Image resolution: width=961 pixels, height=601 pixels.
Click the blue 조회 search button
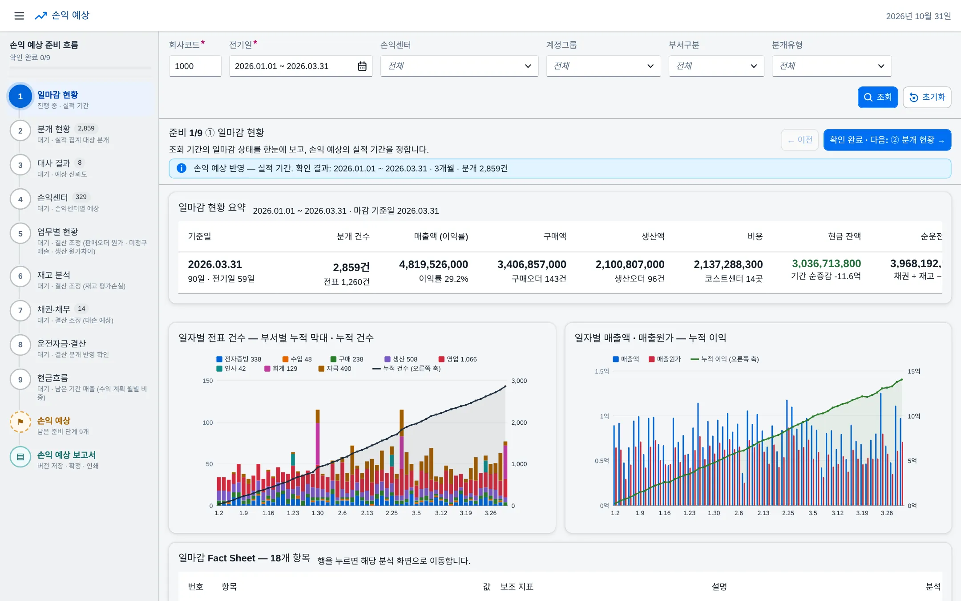877,97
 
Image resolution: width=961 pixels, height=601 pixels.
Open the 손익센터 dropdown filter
459,66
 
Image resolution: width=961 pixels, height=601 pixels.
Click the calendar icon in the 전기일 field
362,66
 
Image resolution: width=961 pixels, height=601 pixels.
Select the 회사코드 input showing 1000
195,66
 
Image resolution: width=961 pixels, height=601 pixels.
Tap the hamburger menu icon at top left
19,16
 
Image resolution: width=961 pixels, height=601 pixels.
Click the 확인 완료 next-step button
887,140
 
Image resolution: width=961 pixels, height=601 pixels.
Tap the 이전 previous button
800,140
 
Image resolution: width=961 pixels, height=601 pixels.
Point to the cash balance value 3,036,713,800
826,264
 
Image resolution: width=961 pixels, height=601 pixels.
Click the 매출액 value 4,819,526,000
433,264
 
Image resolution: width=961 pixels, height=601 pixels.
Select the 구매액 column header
554,236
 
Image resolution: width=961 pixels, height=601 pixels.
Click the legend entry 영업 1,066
457,359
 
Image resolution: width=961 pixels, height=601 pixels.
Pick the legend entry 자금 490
335,369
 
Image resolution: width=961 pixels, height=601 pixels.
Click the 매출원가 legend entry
665,359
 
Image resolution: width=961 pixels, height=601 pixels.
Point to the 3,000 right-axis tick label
519,381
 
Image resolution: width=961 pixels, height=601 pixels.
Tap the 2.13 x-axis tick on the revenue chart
763,513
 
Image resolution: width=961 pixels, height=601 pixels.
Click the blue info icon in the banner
182,168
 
